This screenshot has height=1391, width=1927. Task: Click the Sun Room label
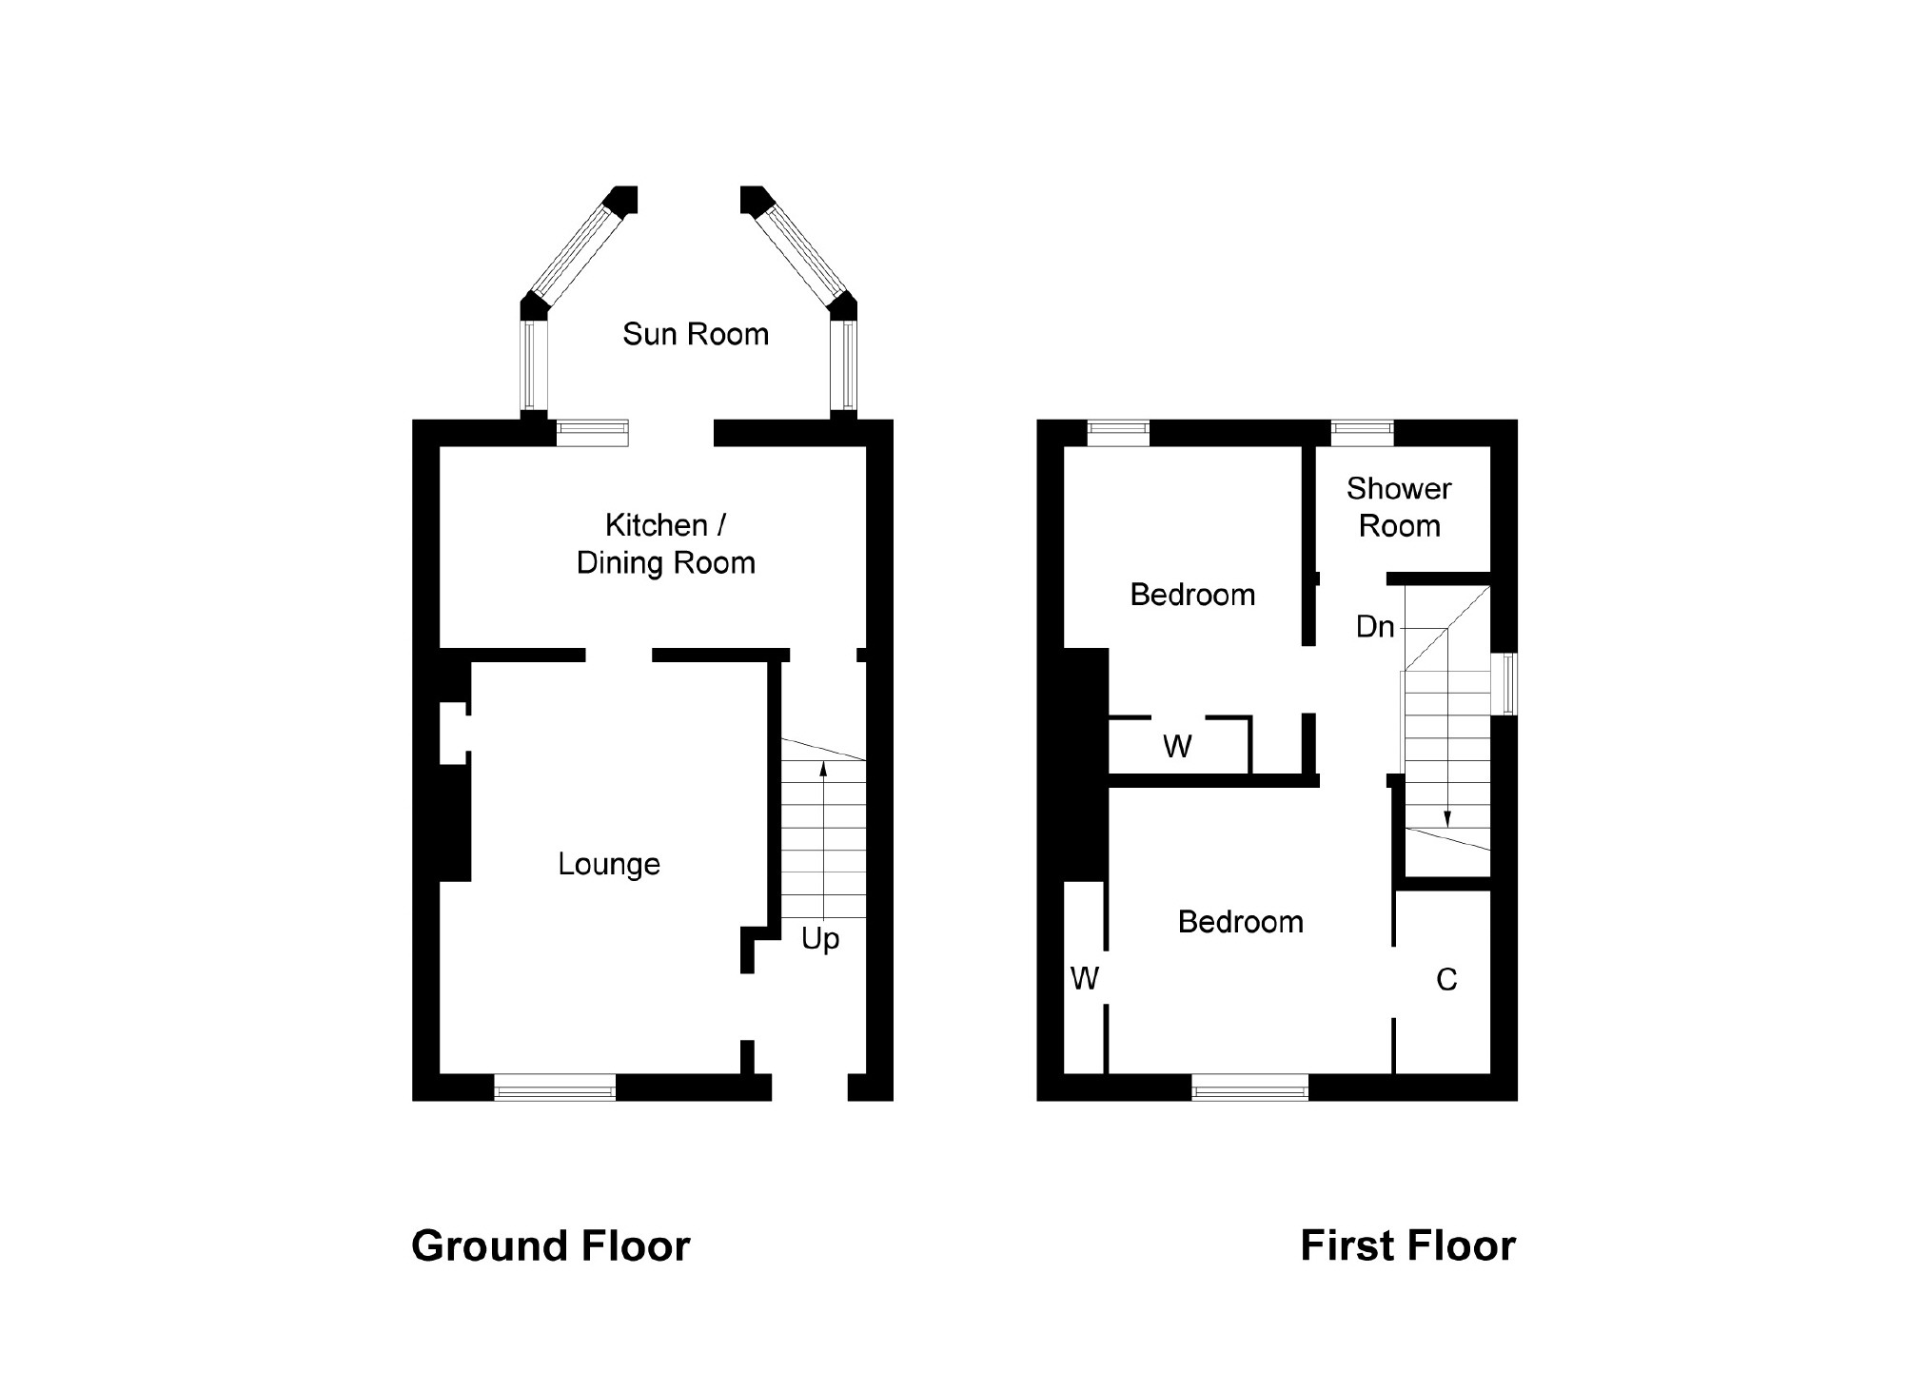696,335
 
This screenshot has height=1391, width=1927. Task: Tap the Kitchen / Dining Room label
666,544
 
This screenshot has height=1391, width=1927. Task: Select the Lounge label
609,864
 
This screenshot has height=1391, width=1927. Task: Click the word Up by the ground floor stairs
820,939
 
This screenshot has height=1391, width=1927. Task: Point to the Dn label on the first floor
1375,627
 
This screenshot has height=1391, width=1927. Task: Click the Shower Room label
1399,507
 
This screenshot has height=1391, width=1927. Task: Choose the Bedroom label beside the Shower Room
1192,596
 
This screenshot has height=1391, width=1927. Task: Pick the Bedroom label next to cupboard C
1240,922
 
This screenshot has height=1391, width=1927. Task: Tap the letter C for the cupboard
1446,980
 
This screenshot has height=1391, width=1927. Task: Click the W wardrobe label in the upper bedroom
1177,747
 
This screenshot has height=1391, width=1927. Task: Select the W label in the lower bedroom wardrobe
1085,978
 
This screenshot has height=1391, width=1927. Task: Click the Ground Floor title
550,1246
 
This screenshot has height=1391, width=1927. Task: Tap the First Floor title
1407,1246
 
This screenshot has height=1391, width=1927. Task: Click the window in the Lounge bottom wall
555,1087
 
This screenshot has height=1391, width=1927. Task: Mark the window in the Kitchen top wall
592,433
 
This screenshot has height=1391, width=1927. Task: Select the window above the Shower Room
1362,433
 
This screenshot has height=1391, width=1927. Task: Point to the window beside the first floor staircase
1504,683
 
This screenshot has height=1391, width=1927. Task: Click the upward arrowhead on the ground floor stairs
823,768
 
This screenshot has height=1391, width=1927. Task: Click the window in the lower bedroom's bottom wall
1249,1087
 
